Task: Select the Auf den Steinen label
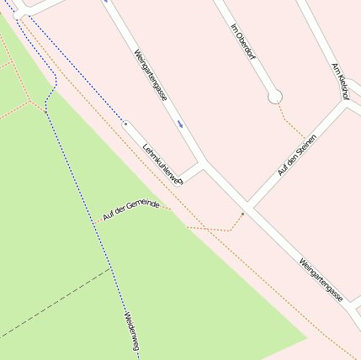(x=296, y=154)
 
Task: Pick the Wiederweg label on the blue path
(x=131, y=331)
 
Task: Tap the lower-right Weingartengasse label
(x=321, y=280)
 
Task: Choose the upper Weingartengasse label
(x=150, y=75)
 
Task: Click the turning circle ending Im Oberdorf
(x=274, y=98)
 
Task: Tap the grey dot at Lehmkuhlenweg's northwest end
(x=126, y=124)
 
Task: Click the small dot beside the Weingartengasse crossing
(x=242, y=214)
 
